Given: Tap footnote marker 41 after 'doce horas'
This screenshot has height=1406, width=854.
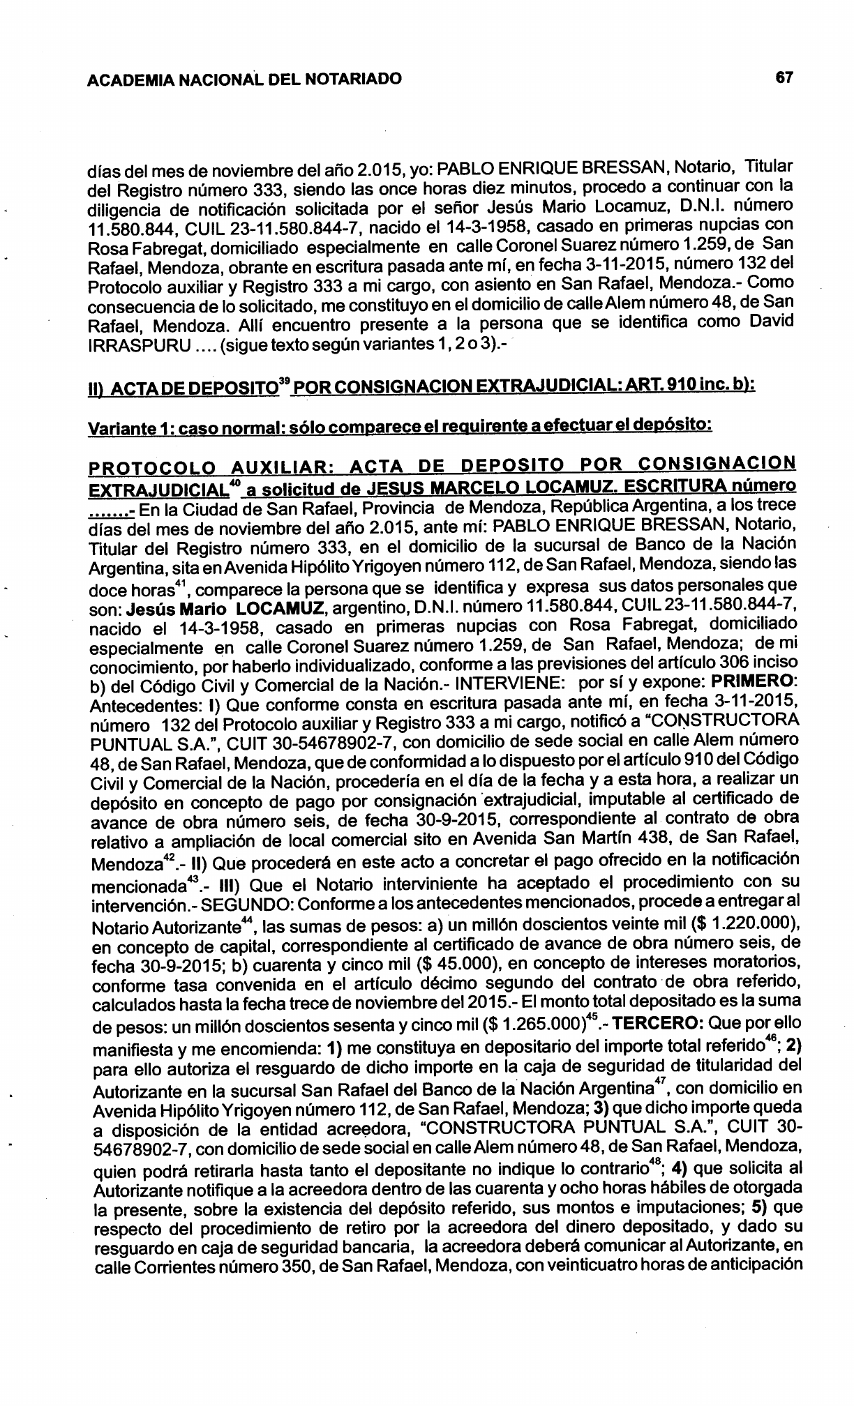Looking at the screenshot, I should (170, 581).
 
